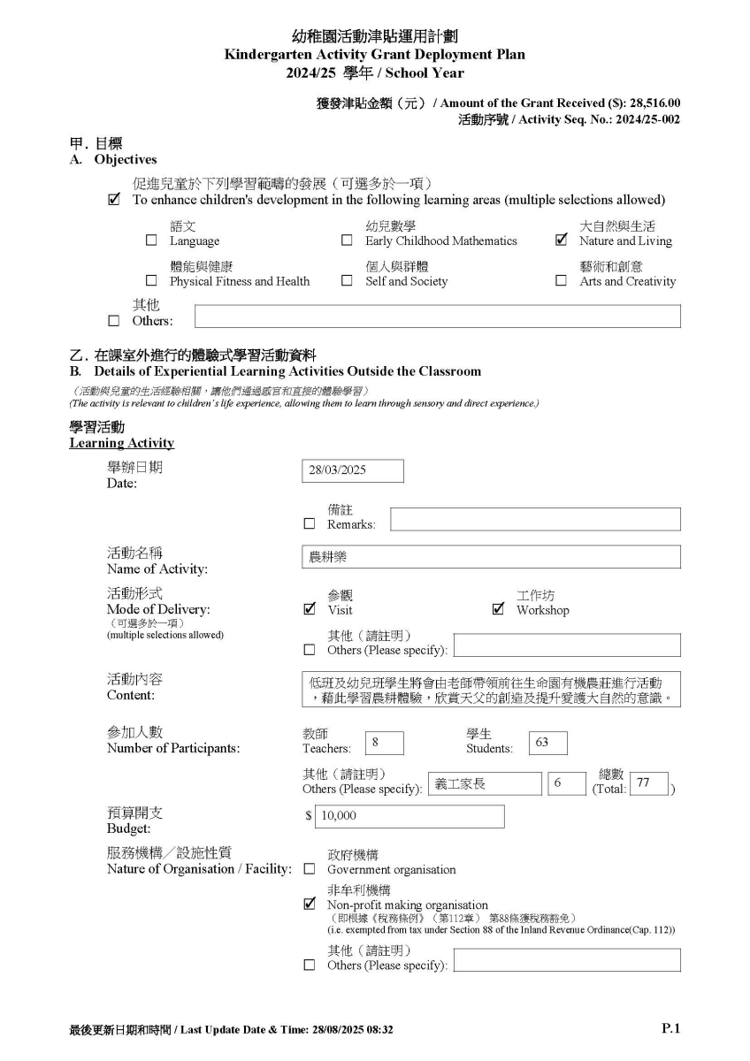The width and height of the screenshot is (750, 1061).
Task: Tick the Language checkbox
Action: pos(151,240)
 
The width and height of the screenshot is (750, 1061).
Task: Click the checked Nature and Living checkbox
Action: pos(561,240)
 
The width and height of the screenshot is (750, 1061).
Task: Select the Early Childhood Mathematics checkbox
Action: pos(347,240)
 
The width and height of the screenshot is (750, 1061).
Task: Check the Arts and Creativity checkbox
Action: pos(561,281)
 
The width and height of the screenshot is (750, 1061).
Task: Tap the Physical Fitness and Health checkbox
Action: pos(151,281)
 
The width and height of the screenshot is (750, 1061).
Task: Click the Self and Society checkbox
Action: pos(347,281)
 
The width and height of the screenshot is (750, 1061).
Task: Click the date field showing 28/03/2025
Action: pos(352,470)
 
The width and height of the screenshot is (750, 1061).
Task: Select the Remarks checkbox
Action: pos(309,523)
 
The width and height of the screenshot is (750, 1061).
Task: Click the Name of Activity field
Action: pos(491,557)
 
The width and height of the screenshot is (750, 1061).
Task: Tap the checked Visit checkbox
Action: pos(309,609)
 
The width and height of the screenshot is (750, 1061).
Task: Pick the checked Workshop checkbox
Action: pos(498,609)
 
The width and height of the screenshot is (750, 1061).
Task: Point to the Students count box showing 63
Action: pos(547,743)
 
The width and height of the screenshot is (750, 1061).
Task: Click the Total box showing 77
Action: pos(648,783)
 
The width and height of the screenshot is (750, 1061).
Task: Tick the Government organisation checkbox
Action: pos(309,869)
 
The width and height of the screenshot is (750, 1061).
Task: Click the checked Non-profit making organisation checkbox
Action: pos(309,905)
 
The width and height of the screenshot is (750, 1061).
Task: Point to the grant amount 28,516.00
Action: pos(654,103)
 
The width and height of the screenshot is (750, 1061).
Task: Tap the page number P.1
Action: pos(670,1028)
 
